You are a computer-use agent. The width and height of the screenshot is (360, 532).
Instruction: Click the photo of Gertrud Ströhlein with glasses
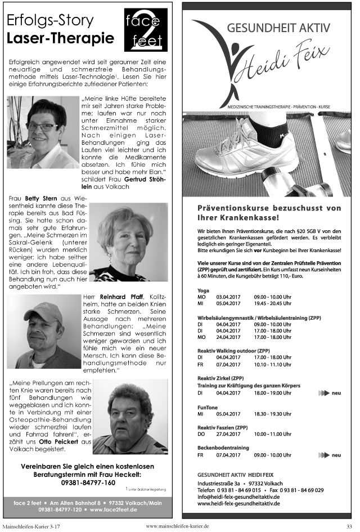click(43, 132)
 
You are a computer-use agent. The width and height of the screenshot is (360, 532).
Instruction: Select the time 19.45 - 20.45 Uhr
click(272, 303)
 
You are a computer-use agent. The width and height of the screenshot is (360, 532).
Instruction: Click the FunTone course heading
click(208, 406)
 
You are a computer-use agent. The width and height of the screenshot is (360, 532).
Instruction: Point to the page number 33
click(349, 526)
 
